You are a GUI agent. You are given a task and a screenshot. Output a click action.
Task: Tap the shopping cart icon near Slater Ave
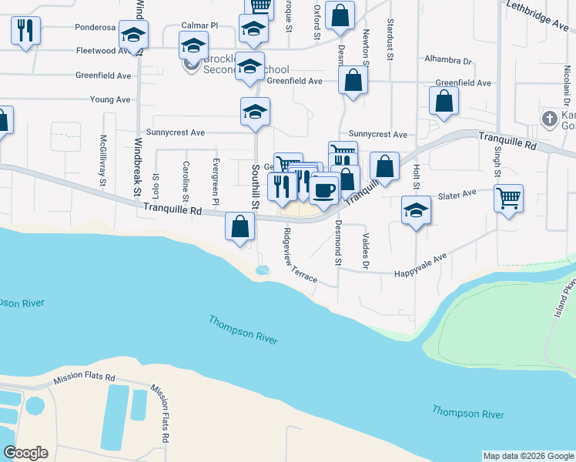point(508,198)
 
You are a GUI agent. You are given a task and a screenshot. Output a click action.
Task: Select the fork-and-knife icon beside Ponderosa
point(25,30)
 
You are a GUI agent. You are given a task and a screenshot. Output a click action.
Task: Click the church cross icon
point(548,119)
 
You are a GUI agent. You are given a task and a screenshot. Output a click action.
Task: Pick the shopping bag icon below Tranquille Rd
point(240,226)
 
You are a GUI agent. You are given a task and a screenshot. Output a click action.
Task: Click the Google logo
point(25,453)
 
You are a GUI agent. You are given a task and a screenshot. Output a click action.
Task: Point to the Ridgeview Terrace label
point(300,255)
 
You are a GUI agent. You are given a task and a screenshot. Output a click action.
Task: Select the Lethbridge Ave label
point(537,15)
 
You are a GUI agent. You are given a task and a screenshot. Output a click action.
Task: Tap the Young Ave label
point(110,99)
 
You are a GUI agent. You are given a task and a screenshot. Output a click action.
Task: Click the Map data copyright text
point(527,456)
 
